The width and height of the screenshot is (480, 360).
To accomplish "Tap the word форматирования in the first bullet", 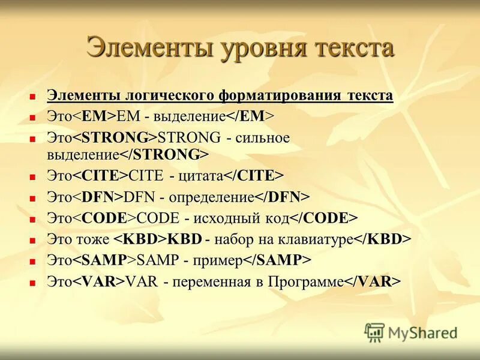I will (x=280, y=95).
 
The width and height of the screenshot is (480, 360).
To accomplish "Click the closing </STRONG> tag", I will (x=164, y=154).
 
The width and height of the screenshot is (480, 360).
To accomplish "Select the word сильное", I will (x=262, y=138).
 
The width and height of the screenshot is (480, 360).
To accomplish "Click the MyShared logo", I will (x=411, y=332).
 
